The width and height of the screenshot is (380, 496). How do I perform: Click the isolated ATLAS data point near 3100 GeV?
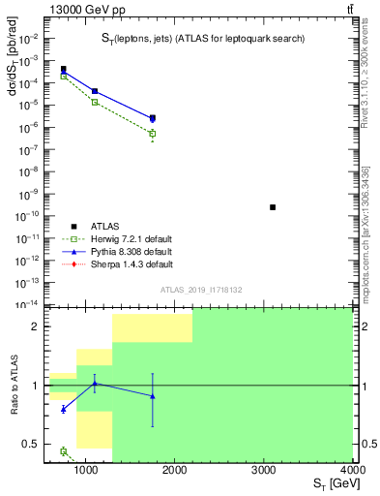(x=273, y=207)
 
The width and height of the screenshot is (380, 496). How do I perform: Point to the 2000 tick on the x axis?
(x=174, y=470)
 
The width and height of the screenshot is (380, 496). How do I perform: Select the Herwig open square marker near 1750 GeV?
(x=153, y=134)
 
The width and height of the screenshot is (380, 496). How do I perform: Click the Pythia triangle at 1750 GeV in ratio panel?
(x=153, y=395)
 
